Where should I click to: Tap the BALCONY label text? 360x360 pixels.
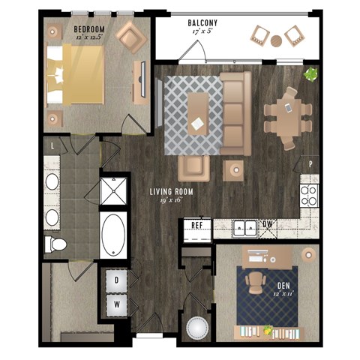[202, 23]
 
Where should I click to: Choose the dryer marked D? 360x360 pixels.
[116, 280]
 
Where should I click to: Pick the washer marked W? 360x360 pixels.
[116, 304]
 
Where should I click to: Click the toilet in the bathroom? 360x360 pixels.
[55, 244]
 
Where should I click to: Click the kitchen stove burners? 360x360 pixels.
[309, 194]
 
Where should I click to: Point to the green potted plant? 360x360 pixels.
[310, 74]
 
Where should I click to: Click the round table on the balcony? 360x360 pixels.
[277, 40]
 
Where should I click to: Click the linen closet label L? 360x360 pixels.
[51, 145]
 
